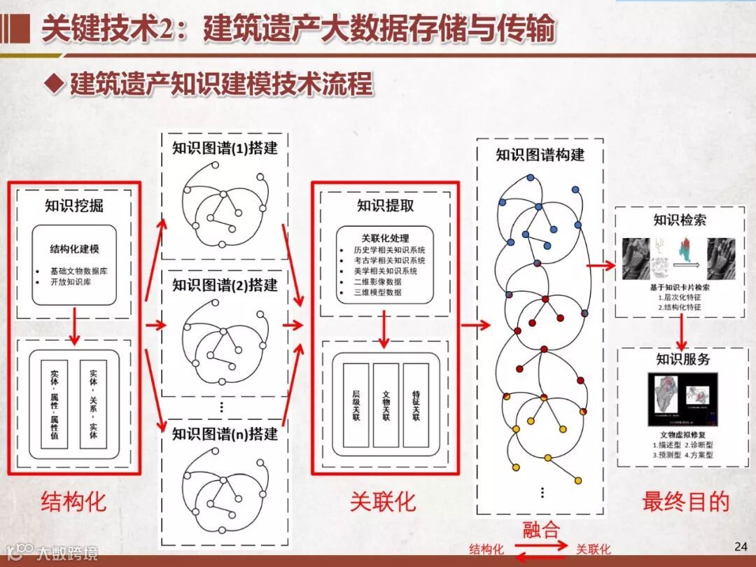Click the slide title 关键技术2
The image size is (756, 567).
click(x=297, y=30)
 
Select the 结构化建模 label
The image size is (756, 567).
click(x=74, y=248)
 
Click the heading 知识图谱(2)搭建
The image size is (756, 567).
click(x=225, y=285)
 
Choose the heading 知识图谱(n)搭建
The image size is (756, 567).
click(x=225, y=433)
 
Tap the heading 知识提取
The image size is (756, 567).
click(x=385, y=205)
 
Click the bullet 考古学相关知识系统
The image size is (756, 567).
click(x=390, y=260)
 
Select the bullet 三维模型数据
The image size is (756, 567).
click(x=379, y=292)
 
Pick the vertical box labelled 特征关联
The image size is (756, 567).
click(x=416, y=405)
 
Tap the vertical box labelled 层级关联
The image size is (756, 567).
click(x=356, y=405)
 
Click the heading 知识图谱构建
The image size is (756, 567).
click(x=540, y=155)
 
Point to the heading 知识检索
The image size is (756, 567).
click(x=680, y=220)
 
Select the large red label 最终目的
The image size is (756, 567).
click(x=685, y=501)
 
